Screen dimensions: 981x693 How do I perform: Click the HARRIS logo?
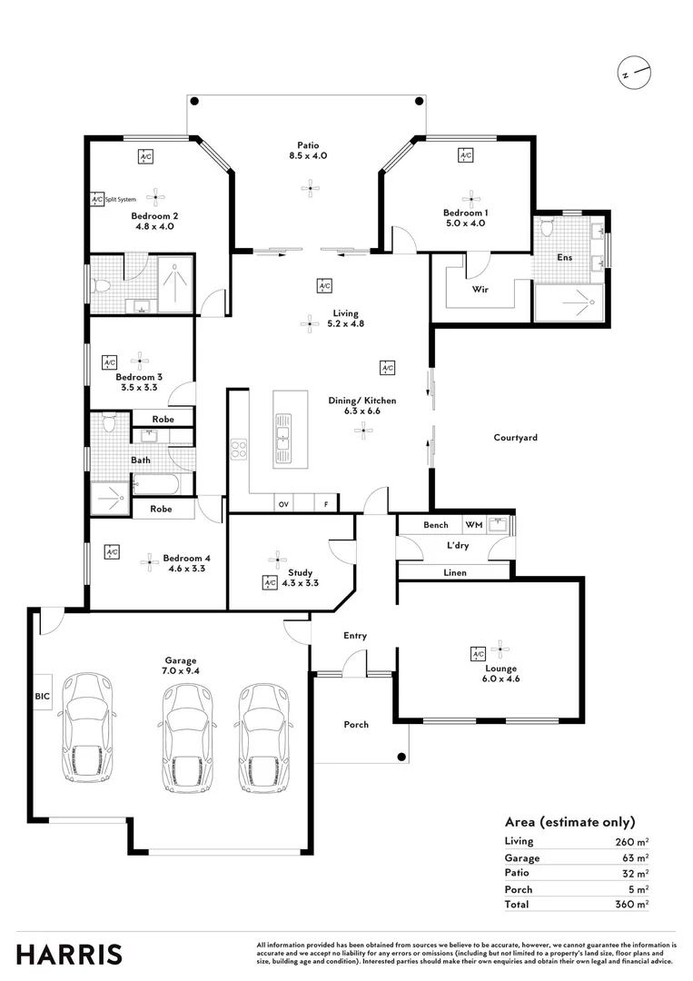pyautogui.click(x=69, y=954)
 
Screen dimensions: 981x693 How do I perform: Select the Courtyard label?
pyautogui.click(x=515, y=438)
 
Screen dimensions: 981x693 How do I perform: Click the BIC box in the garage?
pyautogui.click(x=43, y=696)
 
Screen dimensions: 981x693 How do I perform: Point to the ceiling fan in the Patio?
pyautogui.click(x=311, y=188)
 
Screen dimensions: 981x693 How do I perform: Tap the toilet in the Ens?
pyautogui.click(x=546, y=228)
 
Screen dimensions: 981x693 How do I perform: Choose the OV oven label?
pyautogui.click(x=283, y=504)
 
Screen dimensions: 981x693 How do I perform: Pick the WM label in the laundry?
pyautogui.click(x=473, y=525)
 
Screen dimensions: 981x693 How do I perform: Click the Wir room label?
pyautogui.click(x=481, y=292)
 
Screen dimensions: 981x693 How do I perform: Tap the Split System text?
pyautogui.click(x=121, y=199)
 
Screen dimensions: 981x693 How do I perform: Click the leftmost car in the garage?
pyautogui.click(x=86, y=727)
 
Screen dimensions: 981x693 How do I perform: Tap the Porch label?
pyautogui.click(x=356, y=725)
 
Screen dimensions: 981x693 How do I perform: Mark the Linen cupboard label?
pyautogui.click(x=455, y=573)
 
